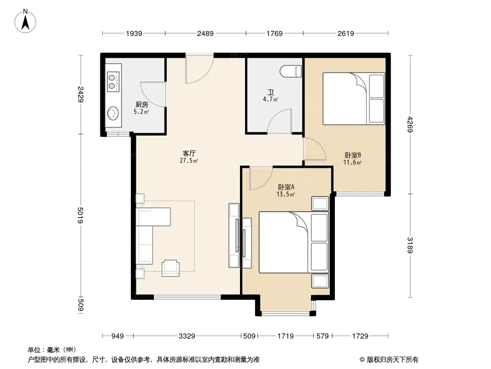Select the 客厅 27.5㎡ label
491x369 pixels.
tap(189, 157)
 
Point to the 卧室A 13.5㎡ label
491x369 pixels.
tap(286, 190)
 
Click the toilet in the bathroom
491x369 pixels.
tap(292, 71)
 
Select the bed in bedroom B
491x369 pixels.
tap(353, 98)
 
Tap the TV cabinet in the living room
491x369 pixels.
tap(234, 235)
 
